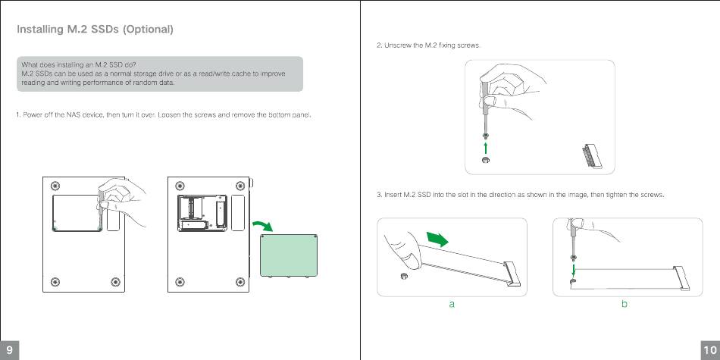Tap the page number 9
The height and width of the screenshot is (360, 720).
coord(9,351)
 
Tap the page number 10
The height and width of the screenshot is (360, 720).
coord(710,351)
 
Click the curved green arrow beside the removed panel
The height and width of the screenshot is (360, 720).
coord(263,225)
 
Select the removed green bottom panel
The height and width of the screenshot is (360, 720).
coord(289,255)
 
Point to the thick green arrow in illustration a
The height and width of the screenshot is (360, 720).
coord(437,239)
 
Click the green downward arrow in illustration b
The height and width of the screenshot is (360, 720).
coord(574,269)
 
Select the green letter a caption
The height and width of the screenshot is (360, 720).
coord(452,304)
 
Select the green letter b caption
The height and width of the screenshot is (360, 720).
coord(625,303)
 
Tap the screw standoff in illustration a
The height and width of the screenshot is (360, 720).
coord(405,276)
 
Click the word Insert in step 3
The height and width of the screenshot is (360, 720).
coord(393,195)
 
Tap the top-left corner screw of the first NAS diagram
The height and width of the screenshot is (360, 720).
coord(55,186)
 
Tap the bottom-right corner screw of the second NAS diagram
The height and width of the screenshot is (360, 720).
coord(240,282)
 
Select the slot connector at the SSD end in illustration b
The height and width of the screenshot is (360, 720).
coord(681,278)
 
